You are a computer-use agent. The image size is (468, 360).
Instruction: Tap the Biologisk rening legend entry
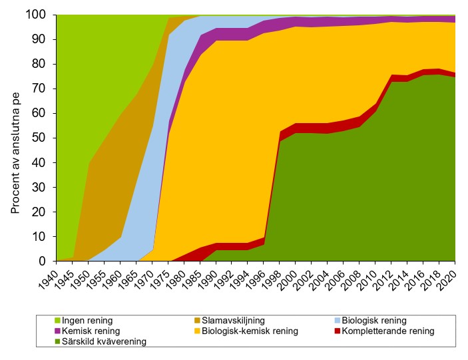[x=372, y=321]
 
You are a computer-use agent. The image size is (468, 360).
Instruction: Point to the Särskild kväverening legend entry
[x=101, y=341]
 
